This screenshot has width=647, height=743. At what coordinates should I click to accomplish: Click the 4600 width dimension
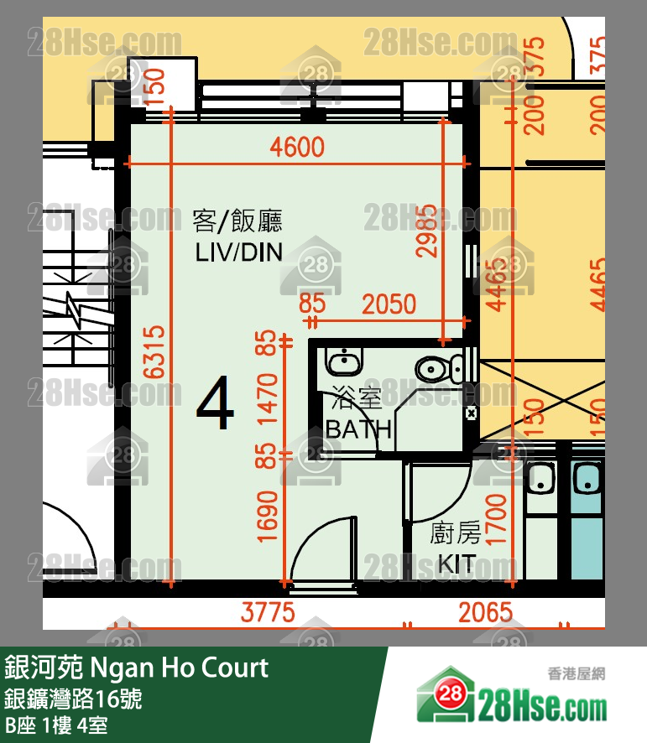297,148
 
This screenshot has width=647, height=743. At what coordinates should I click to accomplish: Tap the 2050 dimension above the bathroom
389,304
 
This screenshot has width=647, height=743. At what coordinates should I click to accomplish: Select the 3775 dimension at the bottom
268,612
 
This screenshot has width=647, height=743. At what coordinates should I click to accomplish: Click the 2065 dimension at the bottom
485,612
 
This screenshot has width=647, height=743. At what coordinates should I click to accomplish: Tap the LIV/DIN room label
238,251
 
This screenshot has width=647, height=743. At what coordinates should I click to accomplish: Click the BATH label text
358,429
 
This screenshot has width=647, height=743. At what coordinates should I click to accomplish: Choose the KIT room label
456,563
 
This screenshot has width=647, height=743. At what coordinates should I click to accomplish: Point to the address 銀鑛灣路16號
74,699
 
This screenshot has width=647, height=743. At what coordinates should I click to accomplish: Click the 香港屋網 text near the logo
576,673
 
